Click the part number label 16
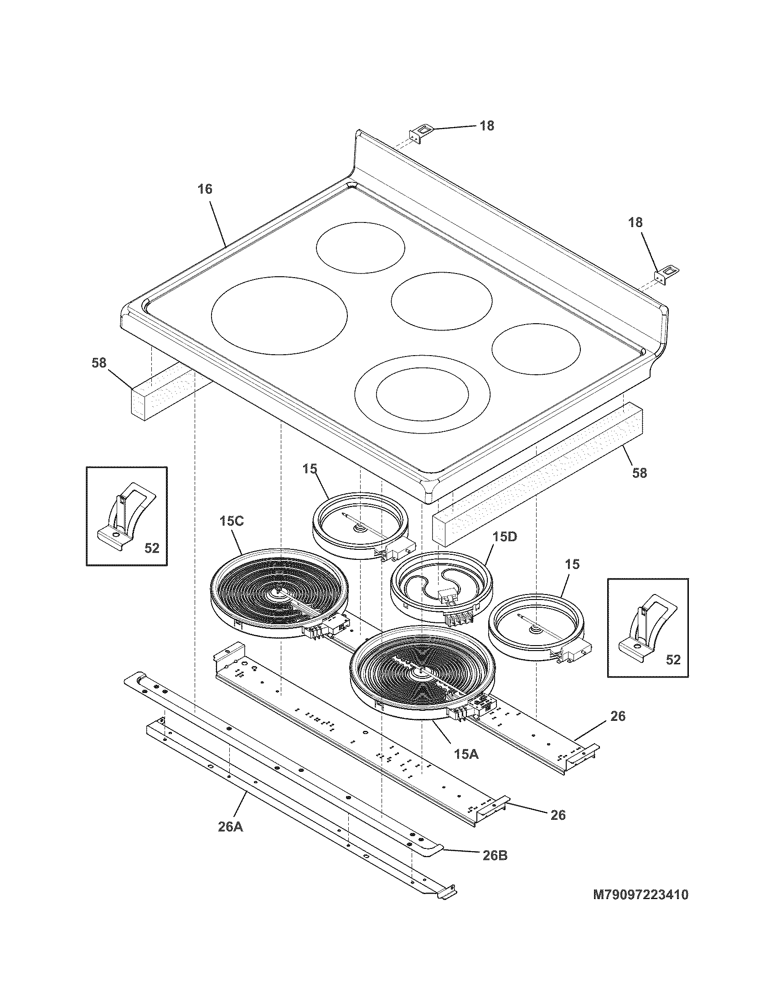[x=205, y=189]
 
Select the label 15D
[x=505, y=537]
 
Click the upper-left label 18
[x=487, y=126]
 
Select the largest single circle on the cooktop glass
[x=279, y=315]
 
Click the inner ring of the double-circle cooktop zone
[x=423, y=393]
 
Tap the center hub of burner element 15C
[x=278, y=592]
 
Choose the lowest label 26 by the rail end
[x=558, y=815]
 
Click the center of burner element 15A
[x=418, y=673]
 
